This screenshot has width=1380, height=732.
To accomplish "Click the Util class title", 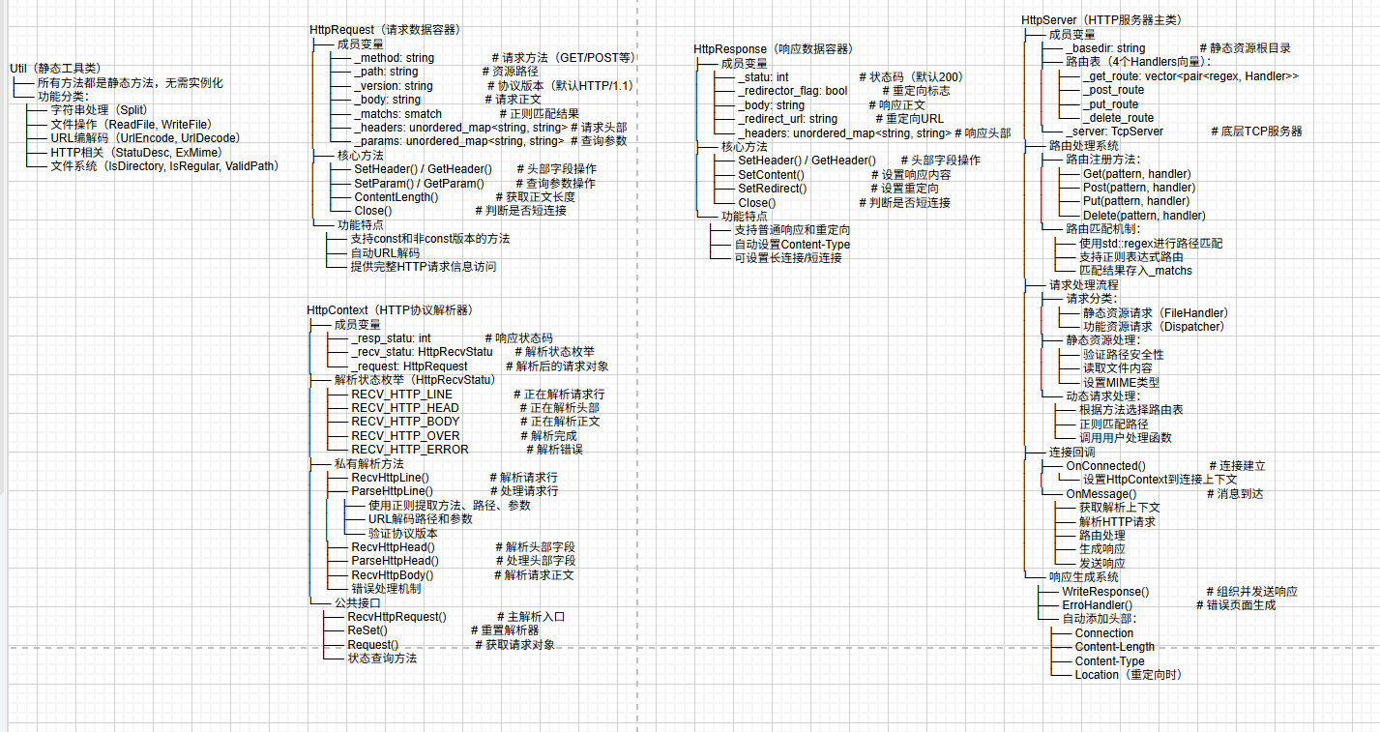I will click(54, 69).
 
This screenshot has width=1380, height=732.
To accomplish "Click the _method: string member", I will click(394, 58).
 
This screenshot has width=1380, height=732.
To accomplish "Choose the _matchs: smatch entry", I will click(397, 114).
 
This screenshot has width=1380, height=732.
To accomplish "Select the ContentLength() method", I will click(396, 197).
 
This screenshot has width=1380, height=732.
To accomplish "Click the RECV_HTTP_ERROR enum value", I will click(409, 450).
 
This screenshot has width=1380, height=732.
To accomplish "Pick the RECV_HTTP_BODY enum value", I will click(405, 422).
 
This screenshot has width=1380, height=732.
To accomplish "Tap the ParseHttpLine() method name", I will click(392, 491).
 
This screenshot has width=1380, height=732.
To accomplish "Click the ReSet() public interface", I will click(367, 630).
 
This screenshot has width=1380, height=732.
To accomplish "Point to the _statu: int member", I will click(762, 77).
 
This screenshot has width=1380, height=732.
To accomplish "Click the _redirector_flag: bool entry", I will click(792, 91).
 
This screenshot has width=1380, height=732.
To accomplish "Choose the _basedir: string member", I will click(1105, 48).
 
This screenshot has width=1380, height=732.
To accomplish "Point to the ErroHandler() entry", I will click(1097, 605).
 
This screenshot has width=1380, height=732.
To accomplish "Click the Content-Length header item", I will click(1114, 648).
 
